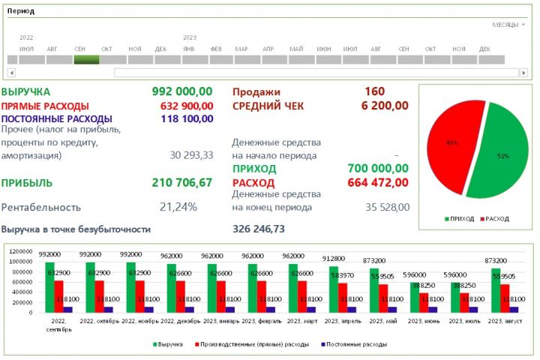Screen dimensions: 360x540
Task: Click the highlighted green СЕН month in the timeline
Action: (86, 59)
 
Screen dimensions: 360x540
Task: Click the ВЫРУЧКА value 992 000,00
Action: (182, 91)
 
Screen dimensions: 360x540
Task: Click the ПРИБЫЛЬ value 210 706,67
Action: (182, 182)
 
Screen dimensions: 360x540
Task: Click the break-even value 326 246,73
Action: (259, 229)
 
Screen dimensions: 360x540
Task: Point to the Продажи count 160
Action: (375, 91)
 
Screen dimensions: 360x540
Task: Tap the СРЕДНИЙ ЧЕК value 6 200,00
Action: (385, 106)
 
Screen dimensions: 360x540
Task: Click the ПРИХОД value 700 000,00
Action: (379, 169)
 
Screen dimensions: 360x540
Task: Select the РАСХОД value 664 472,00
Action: (379, 182)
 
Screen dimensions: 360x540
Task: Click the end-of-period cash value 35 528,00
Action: (388, 207)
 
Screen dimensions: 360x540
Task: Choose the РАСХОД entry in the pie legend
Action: (496, 219)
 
